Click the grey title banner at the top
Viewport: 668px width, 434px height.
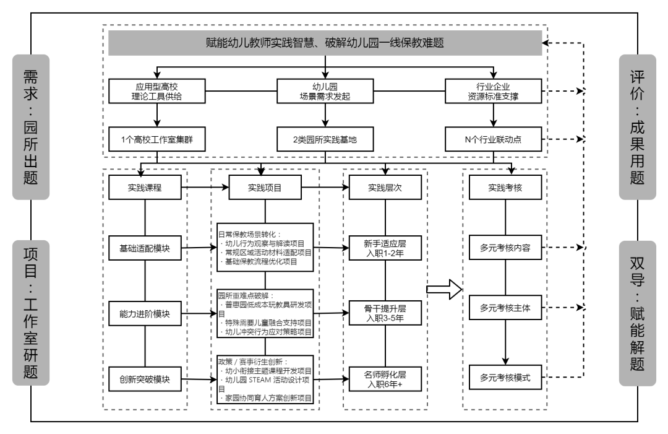pyautogui.click(x=325, y=43)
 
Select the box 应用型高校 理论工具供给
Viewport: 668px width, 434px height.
pyautogui.click(x=156, y=91)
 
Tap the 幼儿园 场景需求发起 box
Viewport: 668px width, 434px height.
pyautogui.click(x=325, y=91)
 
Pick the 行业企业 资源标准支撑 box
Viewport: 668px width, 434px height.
pyautogui.click(x=494, y=91)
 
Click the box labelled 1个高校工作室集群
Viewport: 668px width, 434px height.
pyautogui.click(x=156, y=139)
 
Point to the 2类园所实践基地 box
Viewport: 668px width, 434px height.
pyautogui.click(x=325, y=139)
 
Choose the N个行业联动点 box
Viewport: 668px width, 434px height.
pyautogui.click(x=494, y=139)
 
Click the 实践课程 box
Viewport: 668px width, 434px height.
pyautogui.click(x=145, y=188)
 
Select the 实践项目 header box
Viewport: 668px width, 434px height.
pyautogui.click(x=265, y=188)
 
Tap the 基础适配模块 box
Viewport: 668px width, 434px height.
pyautogui.click(x=145, y=248)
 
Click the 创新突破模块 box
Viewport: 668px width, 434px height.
pyautogui.click(x=145, y=380)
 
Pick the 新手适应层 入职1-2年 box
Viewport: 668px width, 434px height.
pyautogui.click(x=385, y=248)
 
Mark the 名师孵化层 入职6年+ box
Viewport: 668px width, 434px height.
pyautogui.click(x=385, y=380)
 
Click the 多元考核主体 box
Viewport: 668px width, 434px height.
pyautogui.click(x=505, y=308)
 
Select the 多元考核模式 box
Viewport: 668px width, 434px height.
pyautogui.click(x=505, y=377)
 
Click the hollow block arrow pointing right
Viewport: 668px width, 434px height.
pyautogui.click(x=444, y=290)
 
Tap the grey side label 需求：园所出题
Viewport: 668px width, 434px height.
pyautogui.click(x=31, y=127)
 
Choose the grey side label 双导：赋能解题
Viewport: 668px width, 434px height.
pyautogui.click(x=637, y=313)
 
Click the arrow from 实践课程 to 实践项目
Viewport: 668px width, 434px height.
pyautogui.click(x=205, y=187)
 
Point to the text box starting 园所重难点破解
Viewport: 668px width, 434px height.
pyautogui.click(x=265, y=314)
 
